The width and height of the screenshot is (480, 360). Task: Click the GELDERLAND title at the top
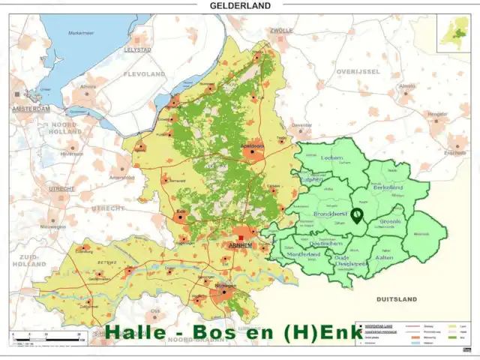240,5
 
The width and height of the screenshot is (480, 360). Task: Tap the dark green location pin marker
357,216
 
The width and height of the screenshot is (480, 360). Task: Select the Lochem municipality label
331,158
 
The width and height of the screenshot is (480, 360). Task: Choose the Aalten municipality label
385,256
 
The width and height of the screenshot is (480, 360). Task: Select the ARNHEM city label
241,245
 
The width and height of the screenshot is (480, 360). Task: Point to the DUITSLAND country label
397,298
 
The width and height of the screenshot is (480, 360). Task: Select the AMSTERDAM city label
31,109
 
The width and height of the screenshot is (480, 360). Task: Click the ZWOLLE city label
281,31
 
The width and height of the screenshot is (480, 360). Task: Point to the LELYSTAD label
136,49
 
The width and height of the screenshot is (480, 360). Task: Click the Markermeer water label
82,33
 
